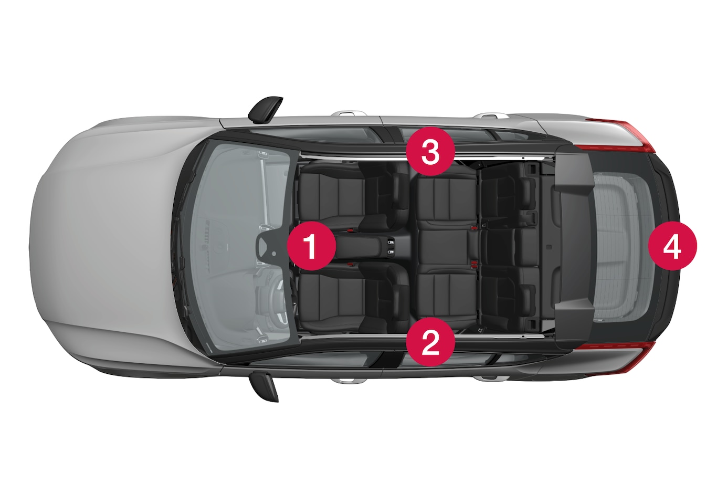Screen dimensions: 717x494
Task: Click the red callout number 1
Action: point(311,246)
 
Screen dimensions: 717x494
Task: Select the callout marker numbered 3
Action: point(430,152)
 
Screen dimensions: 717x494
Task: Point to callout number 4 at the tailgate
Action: point(672,246)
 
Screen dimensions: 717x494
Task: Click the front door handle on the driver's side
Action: point(349,381)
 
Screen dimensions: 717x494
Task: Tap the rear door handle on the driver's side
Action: point(490,379)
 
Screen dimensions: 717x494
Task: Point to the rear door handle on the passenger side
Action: point(490,115)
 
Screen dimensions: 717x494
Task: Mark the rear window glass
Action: point(623,246)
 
